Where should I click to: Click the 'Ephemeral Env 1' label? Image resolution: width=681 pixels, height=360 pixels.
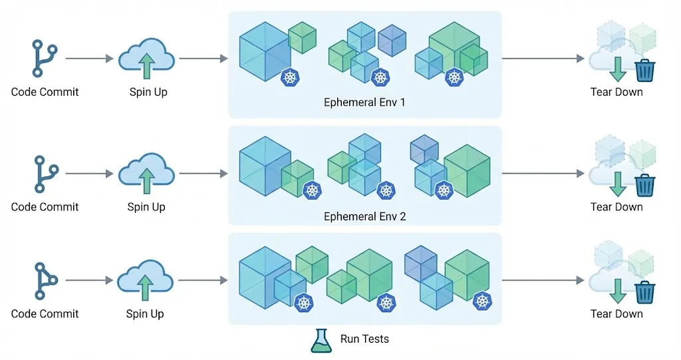[x=364, y=102]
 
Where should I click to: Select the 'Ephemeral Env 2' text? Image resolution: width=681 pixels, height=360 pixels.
[x=364, y=216]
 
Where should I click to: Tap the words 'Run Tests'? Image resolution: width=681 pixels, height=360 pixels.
[x=364, y=339]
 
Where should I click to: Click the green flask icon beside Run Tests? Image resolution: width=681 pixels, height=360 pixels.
[x=321, y=340]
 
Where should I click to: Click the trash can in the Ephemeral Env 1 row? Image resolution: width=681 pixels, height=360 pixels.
[x=644, y=70]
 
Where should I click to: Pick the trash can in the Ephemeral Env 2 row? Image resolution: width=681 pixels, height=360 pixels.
[x=644, y=184]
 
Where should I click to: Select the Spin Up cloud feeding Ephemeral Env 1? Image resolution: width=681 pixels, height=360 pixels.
[x=146, y=59]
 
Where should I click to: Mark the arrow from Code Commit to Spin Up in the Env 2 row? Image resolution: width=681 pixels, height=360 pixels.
[x=90, y=174]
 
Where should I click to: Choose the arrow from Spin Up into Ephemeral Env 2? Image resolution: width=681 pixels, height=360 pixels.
[x=204, y=174]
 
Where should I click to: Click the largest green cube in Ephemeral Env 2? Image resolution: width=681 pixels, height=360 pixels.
[x=467, y=170]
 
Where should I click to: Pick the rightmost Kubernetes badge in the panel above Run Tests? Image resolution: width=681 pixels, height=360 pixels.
[x=483, y=301]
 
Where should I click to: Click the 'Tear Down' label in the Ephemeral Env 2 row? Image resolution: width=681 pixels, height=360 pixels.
[x=616, y=207]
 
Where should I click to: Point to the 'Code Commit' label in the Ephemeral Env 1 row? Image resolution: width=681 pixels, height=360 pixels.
[x=45, y=92]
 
